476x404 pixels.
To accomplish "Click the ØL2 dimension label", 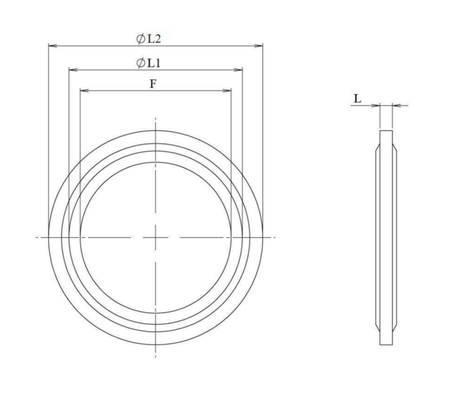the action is [x=148, y=39].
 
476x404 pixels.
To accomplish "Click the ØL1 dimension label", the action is [x=148, y=63].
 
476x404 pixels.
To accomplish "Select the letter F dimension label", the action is [x=154, y=83].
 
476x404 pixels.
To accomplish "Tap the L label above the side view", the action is [x=358, y=99].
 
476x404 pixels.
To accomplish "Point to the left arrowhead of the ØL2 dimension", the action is [x=53, y=46].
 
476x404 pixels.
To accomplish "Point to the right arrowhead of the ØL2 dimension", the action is [x=259, y=46].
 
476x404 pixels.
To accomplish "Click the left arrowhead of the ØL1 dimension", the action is [x=73, y=70].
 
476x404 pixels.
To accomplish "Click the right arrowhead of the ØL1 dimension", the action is [x=238, y=70].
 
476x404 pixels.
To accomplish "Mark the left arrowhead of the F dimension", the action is [x=84, y=90].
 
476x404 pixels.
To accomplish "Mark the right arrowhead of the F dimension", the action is [x=227, y=90].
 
